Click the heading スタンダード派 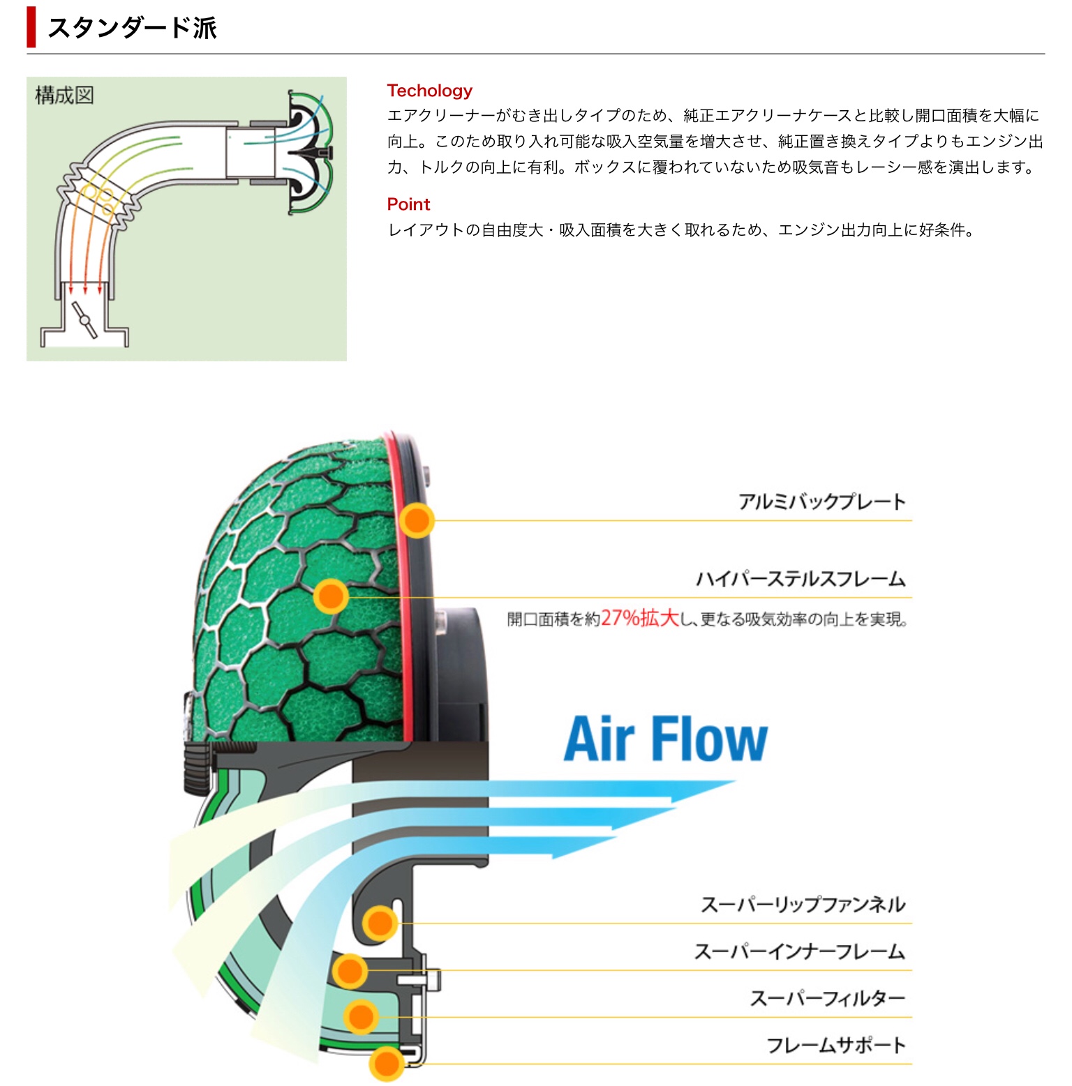[x=132, y=28]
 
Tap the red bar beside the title [x=31, y=28]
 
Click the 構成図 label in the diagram [x=64, y=95]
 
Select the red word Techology [x=429, y=91]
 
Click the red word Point [x=408, y=204]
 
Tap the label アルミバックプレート [x=821, y=501]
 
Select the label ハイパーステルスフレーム [x=800, y=579]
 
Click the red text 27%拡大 [x=639, y=618]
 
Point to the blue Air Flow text [x=665, y=739]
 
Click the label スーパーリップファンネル [x=803, y=905]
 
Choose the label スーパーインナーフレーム [x=799, y=951]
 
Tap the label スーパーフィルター [x=827, y=998]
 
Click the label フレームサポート [x=835, y=1045]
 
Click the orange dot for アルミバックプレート [x=417, y=520]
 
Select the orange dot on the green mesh [x=330, y=596]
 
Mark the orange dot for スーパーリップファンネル [x=380, y=923]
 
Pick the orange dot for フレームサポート [x=386, y=1064]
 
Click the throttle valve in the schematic [x=85, y=321]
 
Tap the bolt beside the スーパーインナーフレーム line [x=419, y=979]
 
